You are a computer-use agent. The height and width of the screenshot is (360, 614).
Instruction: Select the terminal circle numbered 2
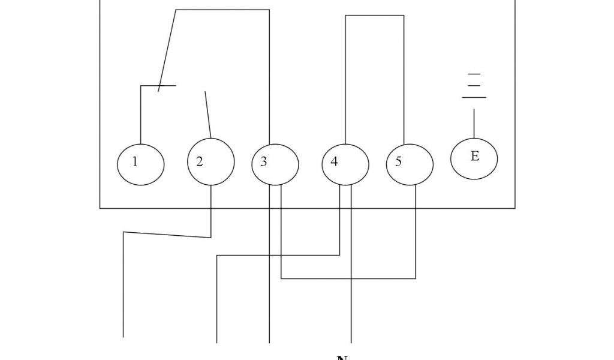tap(211, 162)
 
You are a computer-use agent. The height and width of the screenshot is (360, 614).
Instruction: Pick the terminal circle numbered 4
tap(345, 163)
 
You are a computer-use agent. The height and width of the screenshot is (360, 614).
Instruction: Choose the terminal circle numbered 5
tap(410, 163)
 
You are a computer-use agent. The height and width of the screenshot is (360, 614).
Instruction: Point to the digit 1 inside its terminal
tap(135, 161)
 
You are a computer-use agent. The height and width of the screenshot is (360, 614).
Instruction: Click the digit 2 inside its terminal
tap(200, 161)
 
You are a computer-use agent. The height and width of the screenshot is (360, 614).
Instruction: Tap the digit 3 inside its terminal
tap(263, 162)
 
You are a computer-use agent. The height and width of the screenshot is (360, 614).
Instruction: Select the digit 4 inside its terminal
tap(334, 162)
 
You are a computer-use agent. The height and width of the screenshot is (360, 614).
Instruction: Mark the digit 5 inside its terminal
tap(398, 162)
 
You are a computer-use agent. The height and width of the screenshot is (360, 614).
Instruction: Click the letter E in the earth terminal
tap(475, 157)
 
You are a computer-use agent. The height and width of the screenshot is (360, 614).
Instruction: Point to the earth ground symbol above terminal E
tap(474, 85)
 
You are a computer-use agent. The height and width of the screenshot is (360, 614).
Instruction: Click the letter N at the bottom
tap(342, 358)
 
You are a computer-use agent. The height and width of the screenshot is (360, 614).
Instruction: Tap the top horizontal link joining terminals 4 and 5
tap(374, 16)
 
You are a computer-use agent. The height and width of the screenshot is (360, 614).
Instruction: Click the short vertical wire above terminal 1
tap(140, 114)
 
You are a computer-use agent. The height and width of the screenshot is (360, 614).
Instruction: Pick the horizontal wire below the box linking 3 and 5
tap(348, 278)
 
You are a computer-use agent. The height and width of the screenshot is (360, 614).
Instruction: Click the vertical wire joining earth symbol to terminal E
tap(474, 123)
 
